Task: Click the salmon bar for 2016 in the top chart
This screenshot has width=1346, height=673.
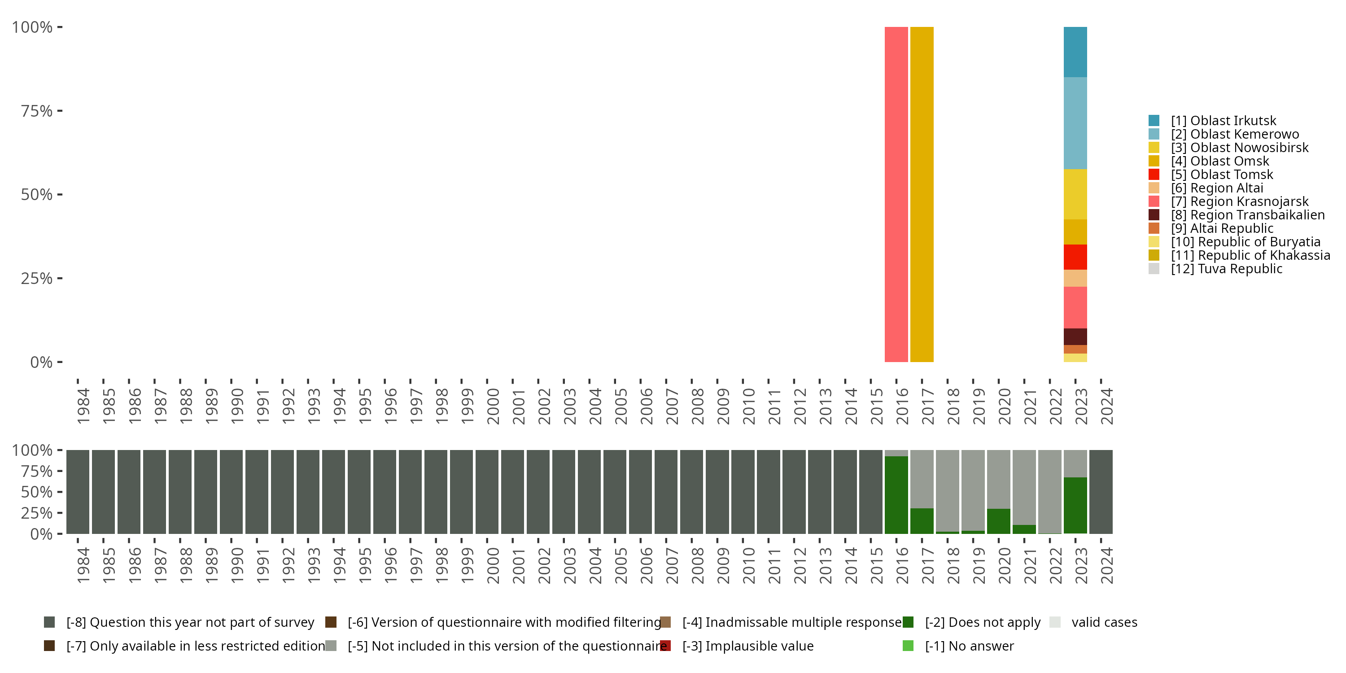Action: pos(896,194)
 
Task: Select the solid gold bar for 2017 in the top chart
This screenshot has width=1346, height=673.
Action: pos(921,194)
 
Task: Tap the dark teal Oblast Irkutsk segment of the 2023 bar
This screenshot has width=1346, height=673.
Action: pos(1075,52)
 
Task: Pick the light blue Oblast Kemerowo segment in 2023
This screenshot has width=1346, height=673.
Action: pos(1075,123)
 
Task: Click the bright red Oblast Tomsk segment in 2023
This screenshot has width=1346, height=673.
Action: pos(1075,257)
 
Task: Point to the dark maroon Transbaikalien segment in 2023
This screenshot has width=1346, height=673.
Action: pos(1075,336)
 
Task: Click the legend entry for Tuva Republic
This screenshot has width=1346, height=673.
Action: pos(1226,269)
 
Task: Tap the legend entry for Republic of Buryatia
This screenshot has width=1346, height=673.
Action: pos(1245,242)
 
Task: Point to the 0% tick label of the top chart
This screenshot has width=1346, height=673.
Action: pos(41,362)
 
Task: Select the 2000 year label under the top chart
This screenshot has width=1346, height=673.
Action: pos(493,406)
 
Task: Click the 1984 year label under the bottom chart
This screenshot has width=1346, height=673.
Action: pos(83,565)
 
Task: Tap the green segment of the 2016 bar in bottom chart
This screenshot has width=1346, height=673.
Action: pos(896,495)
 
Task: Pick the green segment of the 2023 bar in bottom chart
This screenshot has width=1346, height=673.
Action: pos(1075,505)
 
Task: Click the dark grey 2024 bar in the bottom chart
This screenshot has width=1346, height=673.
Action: pos(1101,492)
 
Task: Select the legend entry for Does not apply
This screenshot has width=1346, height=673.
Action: pos(982,622)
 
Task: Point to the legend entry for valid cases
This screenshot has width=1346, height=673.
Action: pos(1104,622)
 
